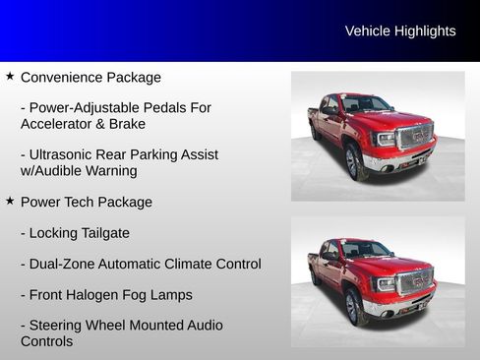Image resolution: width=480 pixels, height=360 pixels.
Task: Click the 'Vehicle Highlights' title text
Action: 400,31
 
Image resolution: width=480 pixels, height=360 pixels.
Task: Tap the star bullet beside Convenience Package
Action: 10,76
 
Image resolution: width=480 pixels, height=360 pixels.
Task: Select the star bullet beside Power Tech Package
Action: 10,201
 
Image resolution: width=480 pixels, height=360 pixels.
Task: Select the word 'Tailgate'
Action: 101,233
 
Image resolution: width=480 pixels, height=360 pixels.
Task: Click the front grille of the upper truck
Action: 413,136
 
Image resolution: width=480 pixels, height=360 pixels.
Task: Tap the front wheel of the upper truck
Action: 353,161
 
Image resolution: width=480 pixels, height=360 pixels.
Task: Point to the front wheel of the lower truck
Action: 353,306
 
